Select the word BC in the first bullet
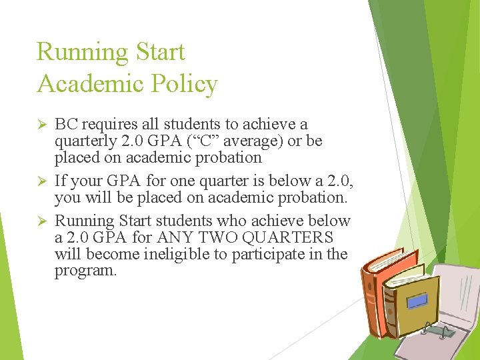click(x=66, y=124)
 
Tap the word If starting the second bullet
click(x=60, y=181)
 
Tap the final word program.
click(x=86, y=271)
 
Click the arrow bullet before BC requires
click(x=40, y=125)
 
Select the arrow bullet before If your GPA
click(x=40, y=181)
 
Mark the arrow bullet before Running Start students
click(x=40, y=221)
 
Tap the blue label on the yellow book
click(x=417, y=301)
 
